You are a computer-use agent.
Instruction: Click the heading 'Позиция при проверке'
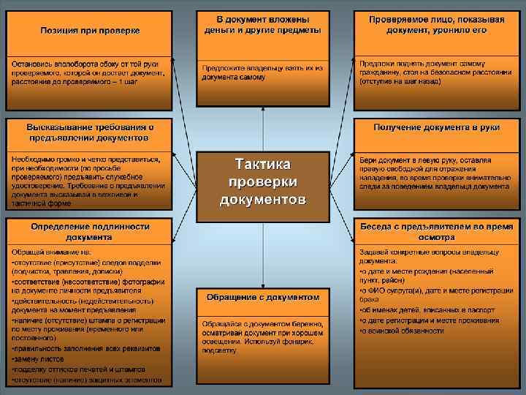(x=90, y=31)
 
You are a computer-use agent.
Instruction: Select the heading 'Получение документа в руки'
(x=436, y=127)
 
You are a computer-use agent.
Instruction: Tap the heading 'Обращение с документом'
(x=263, y=298)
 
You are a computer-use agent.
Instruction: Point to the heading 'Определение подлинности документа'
(x=89, y=232)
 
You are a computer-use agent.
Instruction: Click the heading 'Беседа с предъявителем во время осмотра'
(x=437, y=232)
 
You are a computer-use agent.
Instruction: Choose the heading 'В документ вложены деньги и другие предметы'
(x=263, y=24)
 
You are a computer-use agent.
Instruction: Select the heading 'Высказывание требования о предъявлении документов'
(x=90, y=132)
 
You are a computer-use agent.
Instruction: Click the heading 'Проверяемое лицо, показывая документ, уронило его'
(x=437, y=24)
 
